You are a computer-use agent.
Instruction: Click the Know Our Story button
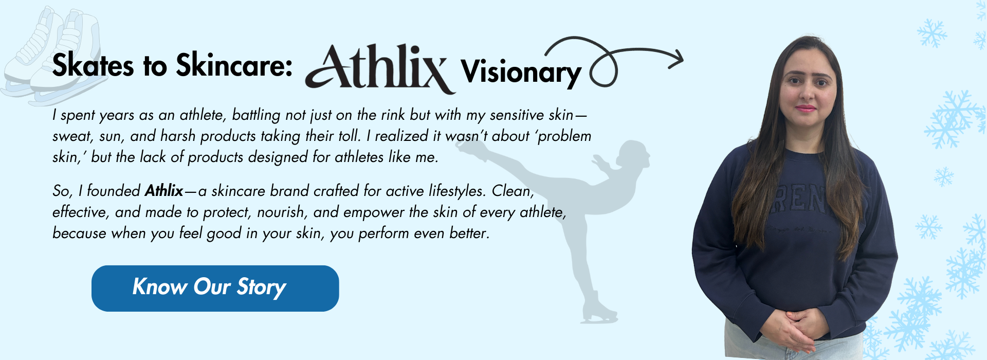pos(215,288)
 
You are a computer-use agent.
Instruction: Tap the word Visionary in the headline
pos(521,73)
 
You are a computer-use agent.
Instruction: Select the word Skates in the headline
pos(93,66)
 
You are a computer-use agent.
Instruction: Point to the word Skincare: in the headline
pos(234,66)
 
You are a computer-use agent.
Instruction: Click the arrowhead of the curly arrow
pos(678,59)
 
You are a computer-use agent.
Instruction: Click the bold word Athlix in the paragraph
pos(164,191)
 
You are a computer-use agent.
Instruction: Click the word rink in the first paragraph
pos(392,115)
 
